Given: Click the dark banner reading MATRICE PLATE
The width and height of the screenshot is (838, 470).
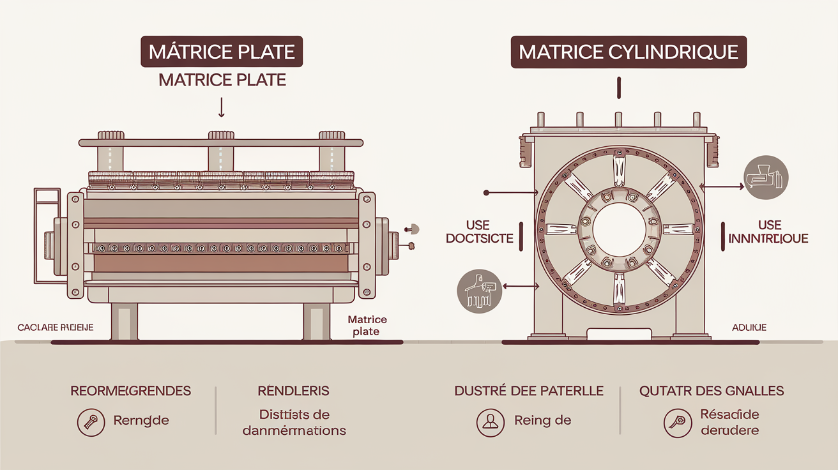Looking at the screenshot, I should click(222, 52).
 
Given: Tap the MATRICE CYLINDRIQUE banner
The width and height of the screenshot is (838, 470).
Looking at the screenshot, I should click(628, 52).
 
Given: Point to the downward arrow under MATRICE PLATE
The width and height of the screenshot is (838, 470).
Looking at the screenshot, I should click(222, 107).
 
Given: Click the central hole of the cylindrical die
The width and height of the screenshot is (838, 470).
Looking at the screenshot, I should click(618, 229).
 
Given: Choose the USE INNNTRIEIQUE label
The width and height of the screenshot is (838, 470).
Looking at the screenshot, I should click(768, 232).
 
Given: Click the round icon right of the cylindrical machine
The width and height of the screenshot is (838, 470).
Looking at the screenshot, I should click(766, 176).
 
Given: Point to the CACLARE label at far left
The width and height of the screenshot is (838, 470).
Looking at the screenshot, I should click(55, 328).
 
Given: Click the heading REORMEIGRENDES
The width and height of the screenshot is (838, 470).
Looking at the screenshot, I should click(130, 390).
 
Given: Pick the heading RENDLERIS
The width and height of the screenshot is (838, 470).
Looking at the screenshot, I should click(294, 390).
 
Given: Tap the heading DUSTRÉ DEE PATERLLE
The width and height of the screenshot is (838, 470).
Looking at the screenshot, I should click(529, 390).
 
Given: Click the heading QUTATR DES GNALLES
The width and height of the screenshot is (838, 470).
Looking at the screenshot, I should click(712, 390).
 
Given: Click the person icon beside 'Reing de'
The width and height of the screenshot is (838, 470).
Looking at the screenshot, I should click(491, 421).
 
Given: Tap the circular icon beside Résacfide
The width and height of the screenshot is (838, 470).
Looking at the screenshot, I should click(678, 422).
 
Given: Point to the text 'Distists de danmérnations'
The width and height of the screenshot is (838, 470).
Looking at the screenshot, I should click(294, 422).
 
